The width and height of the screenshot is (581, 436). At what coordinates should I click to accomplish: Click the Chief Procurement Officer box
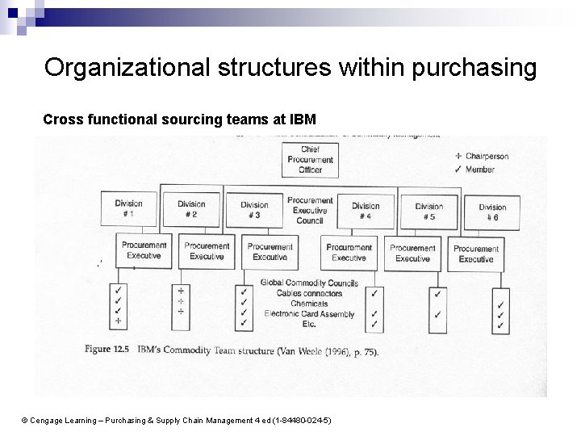tap(311, 160)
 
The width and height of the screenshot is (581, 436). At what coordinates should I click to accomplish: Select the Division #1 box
tap(128, 209)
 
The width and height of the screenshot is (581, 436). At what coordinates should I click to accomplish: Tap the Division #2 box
tap(191, 209)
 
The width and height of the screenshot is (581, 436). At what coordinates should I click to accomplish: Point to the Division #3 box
tap(254, 210)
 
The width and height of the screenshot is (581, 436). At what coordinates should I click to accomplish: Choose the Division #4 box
tap(366, 211)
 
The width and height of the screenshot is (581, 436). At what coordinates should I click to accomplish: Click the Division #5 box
tap(429, 212)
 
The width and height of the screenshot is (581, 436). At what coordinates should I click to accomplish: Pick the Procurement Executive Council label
tap(310, 209)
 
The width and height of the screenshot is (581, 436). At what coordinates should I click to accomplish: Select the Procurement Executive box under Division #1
tap(144, 250)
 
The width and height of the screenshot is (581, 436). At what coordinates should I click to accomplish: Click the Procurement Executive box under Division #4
tap(349, 252)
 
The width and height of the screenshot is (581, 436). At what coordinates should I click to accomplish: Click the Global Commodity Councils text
tap(310, 283)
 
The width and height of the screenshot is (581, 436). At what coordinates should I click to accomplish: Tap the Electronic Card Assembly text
tap(309, 313)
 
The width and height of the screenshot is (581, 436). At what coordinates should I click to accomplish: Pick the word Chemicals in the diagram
tap(310, 304)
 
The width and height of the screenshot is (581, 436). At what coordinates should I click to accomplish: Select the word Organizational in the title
tap(129, 68)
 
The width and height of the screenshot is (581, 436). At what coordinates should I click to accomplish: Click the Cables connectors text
tap(310, 293)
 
